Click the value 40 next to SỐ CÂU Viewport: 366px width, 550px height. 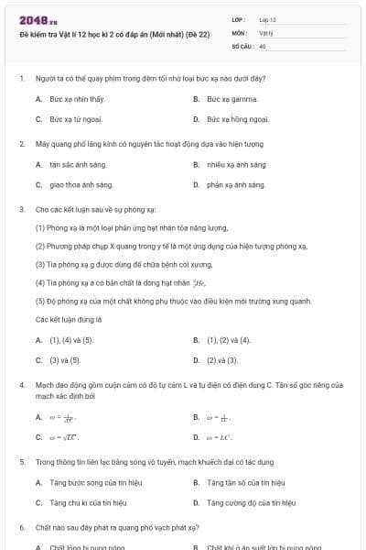click(263, 45)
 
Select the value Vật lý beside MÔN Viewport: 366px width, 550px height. click(266, 32)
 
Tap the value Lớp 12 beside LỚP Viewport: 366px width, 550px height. click(267, 19)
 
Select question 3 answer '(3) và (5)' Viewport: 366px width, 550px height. click(65, 359)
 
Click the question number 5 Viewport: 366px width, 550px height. click(22, 462)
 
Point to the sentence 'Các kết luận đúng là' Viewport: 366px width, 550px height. click(69, 319)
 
